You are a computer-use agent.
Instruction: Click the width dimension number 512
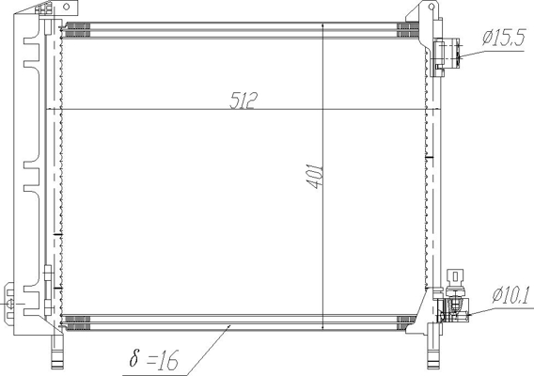243,101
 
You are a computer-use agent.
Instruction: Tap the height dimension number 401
315,177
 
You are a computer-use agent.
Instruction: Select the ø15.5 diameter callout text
504,38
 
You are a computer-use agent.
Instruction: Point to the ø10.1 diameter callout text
510,295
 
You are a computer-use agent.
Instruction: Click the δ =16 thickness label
154,359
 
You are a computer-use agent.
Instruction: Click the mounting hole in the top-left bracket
67,7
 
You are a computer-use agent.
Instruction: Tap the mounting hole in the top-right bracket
432,6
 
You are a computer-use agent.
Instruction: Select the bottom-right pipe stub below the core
433,352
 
